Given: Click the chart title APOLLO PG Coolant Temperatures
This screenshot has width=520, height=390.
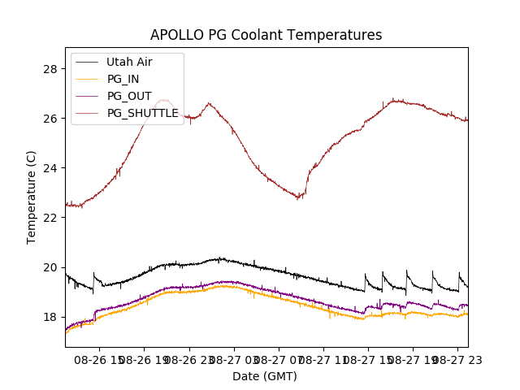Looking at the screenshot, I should (x=266, y=35).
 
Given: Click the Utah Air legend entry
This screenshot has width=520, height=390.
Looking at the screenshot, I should (x=129, y=62).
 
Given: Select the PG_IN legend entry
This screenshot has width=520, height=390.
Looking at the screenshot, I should (x=123, y=79).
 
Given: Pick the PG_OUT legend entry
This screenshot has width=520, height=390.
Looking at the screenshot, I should (x=128, y=96).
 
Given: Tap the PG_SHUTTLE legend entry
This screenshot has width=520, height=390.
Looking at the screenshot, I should (x=143, y=113).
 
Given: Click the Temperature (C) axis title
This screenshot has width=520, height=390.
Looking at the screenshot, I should (x=32, y=197).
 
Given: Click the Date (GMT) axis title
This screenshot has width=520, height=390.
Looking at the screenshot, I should (x=265, y=376).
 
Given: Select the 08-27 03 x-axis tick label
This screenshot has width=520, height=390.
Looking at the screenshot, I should (x=232, y=359).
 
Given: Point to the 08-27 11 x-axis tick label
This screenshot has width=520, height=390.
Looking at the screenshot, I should (x=323, y=359).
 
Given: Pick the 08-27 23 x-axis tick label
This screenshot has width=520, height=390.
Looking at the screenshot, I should (x=457, y=359).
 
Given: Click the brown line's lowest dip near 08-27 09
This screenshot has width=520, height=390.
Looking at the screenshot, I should (x=299, y=197).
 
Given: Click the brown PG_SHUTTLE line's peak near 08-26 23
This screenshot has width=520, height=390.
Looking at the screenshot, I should (x=209, y=103).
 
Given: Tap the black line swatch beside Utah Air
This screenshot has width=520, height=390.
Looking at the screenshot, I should (x=88, y=62).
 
